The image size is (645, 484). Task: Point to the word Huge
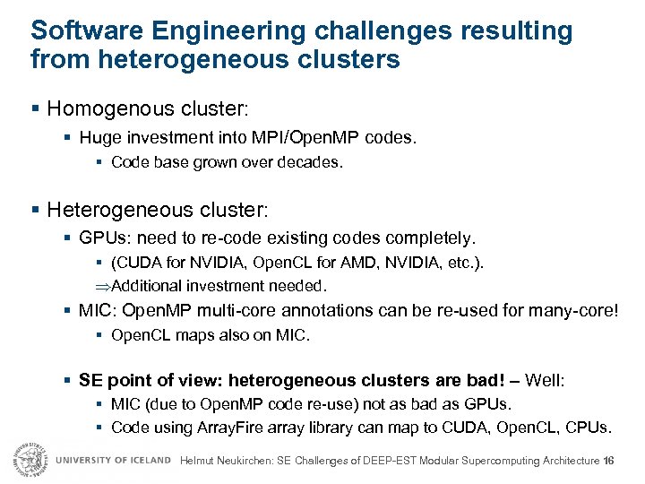pyautogui.click(x=99, y=139)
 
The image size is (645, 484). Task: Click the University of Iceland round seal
pyautogui.click(x=28, y=459)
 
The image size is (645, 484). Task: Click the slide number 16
pyautogui.click(x=609, y=461)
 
